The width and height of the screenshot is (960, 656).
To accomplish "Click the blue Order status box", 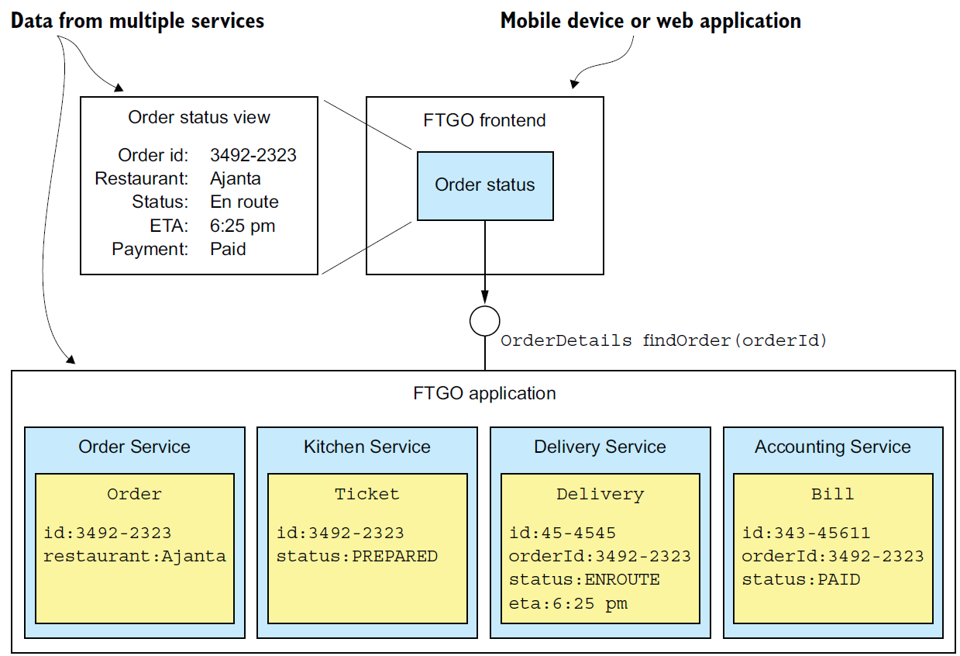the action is click(485, 186).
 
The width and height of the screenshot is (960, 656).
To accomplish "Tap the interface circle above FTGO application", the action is click(485, 306).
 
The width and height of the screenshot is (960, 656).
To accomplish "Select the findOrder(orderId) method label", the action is click(735, 340).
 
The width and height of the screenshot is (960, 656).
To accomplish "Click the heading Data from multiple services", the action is click(138, 21).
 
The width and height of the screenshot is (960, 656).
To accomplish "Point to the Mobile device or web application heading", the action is click(651, 21).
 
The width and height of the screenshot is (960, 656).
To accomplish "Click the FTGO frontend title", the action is click(484, 120).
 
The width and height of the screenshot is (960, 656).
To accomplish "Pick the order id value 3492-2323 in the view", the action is click(253, 155).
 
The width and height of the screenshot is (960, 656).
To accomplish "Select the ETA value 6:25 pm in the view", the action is click(243, 226).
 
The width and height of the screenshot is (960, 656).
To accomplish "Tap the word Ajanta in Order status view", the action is click(236, 179).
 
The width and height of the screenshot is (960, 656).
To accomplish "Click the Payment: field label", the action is click(150, 249).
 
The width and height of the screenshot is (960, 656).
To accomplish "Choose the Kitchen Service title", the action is click(366, 447).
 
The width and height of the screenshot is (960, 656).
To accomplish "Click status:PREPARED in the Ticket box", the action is click(356, 557).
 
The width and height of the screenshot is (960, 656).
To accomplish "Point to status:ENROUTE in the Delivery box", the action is click(584, 580).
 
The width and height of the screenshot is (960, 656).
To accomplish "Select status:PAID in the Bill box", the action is click(801, 580).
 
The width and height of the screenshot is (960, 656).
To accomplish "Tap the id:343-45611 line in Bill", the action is click(806, 533).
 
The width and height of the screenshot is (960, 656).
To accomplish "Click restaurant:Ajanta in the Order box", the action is click(135, 557).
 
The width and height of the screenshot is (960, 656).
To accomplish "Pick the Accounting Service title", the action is click(833, 447).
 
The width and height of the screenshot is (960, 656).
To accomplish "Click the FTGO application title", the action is click(484, 393).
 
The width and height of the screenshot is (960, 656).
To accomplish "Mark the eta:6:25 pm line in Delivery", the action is click(568, 603).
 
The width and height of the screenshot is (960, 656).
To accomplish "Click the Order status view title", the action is click(199, 117).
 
